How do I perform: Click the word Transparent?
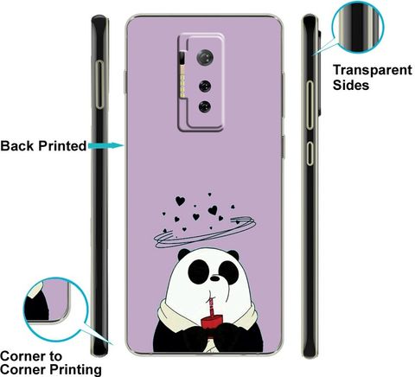coord(373,70)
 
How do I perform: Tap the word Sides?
coord(351,85)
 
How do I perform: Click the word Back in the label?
coord(17,146)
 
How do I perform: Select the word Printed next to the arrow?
coord(62,146)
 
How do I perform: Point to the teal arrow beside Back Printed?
coord(106,145)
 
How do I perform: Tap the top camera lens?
coord(205,57)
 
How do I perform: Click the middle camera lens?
coord(205,86)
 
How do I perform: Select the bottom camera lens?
coord(205,106)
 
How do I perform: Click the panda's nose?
coord(214,278)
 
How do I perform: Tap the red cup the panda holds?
coord(213,323)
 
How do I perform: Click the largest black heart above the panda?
coord(180,201)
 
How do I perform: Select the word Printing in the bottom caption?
coord(75,370)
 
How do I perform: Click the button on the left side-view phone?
coord(99,85)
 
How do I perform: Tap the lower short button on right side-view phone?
coord(310,154)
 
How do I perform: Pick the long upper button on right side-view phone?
coord(310,105)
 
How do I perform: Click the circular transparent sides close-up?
coord(358,27)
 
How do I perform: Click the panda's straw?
coord(211,304)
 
